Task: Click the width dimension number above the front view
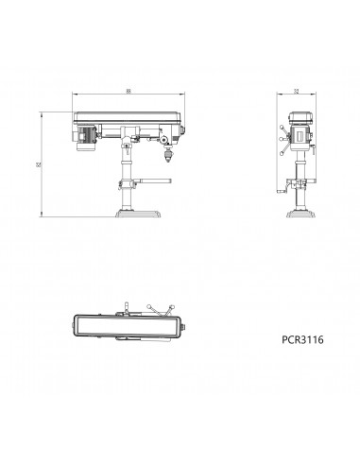[x=127, y=92]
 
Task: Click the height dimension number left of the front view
[x=40, y=164]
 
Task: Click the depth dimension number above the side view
[x=296, y=92]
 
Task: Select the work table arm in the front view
[x=142, y=182]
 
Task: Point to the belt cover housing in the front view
[x=128, y=120]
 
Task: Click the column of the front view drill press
[x=126, y=170]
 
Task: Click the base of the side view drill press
[x=300, y=215]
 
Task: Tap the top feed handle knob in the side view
[x=284, y=128]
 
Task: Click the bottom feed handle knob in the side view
[x=283, y=149]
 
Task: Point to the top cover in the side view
[x=300, y=114]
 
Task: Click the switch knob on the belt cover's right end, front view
[x=184, y=131]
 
